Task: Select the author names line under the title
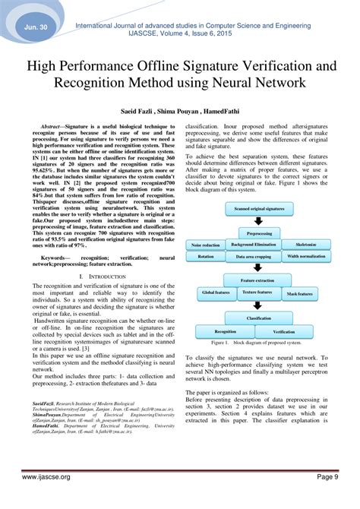179,110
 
